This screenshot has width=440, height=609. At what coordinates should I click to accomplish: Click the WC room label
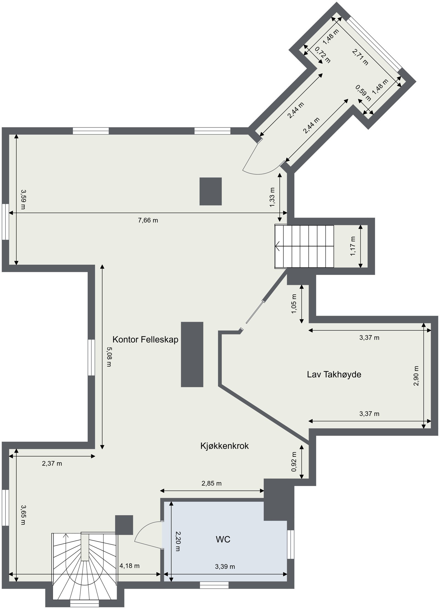pos(223,539)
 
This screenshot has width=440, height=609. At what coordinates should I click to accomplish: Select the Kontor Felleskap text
pos(145,340)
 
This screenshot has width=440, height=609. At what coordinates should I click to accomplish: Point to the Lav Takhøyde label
pos(334,374)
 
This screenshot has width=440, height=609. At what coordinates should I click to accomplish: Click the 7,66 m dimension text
pos(148,220)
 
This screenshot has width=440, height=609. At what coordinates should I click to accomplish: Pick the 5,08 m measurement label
pos(109,357)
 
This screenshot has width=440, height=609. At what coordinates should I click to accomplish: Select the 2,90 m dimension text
pos(416,376)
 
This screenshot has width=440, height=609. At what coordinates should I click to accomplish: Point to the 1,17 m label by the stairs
pos(353,246)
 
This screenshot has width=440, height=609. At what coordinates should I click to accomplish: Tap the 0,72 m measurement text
pos(322,55)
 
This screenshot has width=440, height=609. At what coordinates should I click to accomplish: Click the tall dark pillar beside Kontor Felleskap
pos(192,354)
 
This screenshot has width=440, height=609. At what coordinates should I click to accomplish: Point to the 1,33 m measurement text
pos(272,197)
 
